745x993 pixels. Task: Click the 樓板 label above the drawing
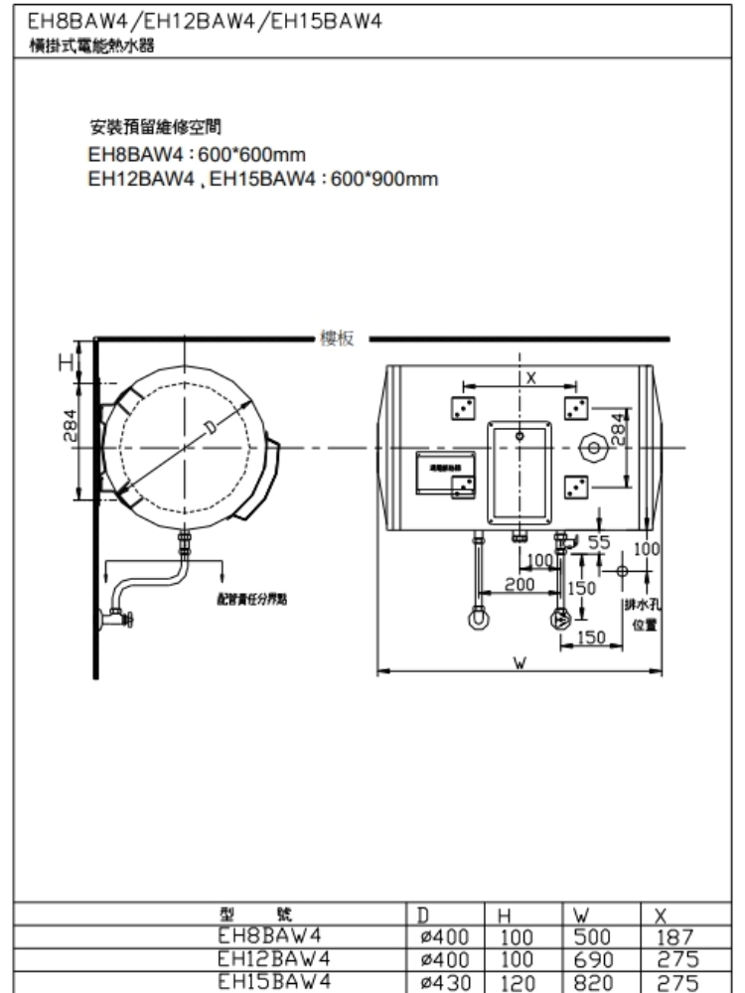pyautogui.click(x=337, y=338)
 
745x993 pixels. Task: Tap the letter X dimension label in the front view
pyautogui.click(x=530, y=377)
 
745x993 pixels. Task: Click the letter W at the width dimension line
pyautogui.click(x=520, y=661)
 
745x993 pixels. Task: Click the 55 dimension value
pyautogui.click(x=599, y=542)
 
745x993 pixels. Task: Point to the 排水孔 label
pyautogui.click(x=636, y=606)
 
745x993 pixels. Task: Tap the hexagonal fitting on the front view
pyautogui.click(x=593, y=448)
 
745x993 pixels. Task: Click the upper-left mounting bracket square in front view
pyautogui.click(x=462, y=408)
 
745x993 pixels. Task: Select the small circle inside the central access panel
pyautogui.click(x=519, y=434)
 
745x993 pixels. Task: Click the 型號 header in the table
pyautogui.click(x=263, y=916)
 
